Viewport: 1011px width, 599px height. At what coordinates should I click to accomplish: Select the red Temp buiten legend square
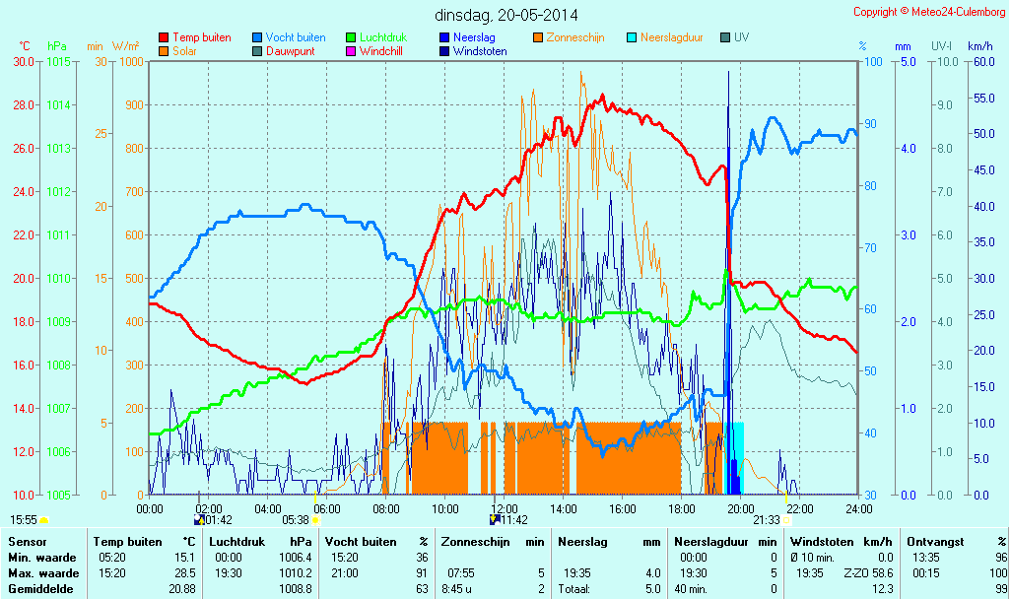(x=164, y=37)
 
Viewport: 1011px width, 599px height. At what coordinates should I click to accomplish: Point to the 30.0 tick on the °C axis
(x=24, y=61)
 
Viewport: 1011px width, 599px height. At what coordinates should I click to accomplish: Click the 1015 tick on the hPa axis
(x=58, y=61)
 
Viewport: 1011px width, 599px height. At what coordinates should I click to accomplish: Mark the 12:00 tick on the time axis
(x=504, y=508)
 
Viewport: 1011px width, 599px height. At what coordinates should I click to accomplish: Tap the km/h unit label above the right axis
(x=979, y=46)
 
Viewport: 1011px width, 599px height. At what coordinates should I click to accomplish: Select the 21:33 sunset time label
(x=767, y=519)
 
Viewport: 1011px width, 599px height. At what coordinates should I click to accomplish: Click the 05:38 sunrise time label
(x=296, y=519)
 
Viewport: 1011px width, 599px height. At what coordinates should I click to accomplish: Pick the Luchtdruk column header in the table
(x=237, y=542)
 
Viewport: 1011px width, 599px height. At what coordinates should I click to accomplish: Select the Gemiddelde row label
(x=36, y=589)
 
